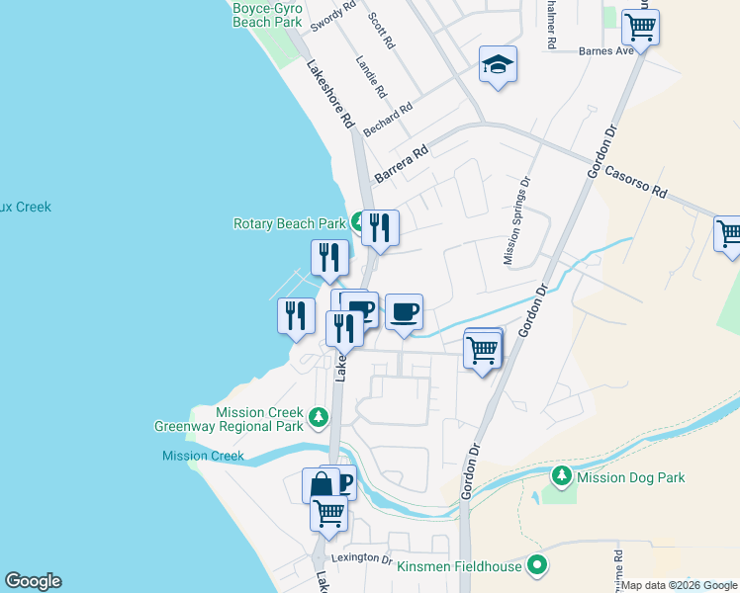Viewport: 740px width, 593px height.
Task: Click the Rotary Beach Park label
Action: (290, 224)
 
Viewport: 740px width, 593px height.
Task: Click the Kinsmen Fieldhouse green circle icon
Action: (537, 566)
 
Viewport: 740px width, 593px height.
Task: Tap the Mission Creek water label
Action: (204, 456)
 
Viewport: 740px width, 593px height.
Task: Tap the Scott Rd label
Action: (382, 30)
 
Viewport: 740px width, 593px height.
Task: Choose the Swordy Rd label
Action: (333, 13)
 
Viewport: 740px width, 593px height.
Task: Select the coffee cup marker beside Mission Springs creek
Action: (404, 312)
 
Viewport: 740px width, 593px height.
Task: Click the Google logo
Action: (33, 581)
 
